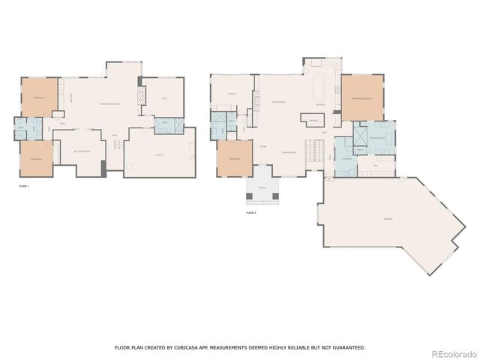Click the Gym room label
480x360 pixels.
164,98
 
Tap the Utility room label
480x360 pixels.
160,154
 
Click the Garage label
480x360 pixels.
388,219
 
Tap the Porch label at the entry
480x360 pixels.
262,188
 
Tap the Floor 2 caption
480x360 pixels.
250,213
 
